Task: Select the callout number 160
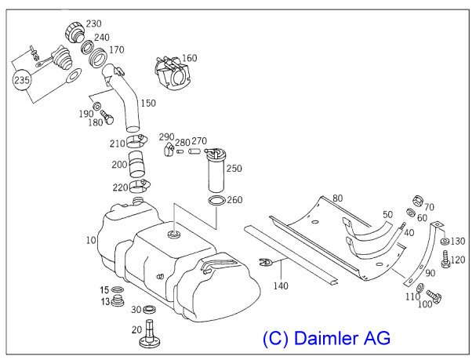[189, 57]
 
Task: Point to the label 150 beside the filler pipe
[147, 103]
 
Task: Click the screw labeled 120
[445, 261]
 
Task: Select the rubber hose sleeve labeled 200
[138, 166]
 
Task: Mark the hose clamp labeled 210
[137, 142]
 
